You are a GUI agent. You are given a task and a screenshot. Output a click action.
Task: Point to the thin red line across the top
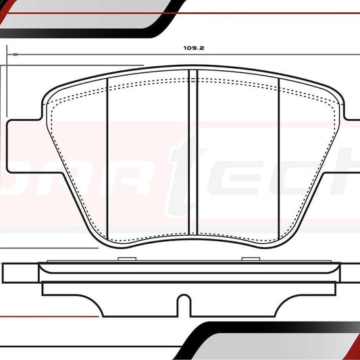pyautogui.click(x=257, y=12)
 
